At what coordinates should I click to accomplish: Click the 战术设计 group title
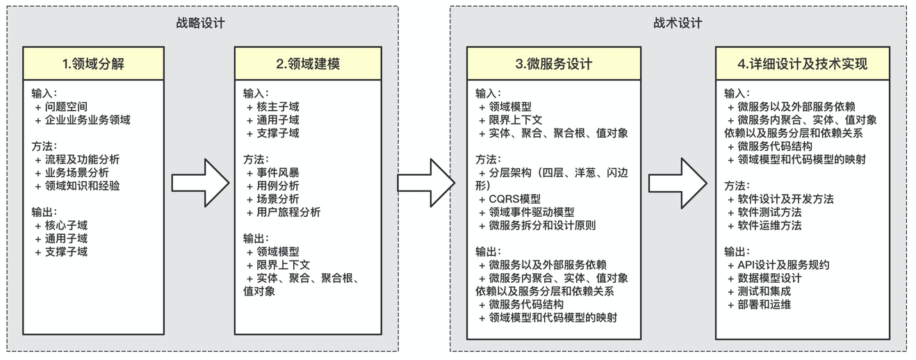(x=678, y=23)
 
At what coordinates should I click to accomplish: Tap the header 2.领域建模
(x=307, y=64)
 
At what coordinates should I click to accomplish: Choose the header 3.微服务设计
(x=553, y=64)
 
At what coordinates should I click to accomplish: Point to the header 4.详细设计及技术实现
(x=802, y=64)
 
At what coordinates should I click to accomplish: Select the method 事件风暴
(x=278, y=172)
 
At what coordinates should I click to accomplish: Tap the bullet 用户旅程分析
(x=288, y=212)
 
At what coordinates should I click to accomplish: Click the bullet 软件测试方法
(x=769, y=212)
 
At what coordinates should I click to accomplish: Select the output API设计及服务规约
(x=783, y=265)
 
